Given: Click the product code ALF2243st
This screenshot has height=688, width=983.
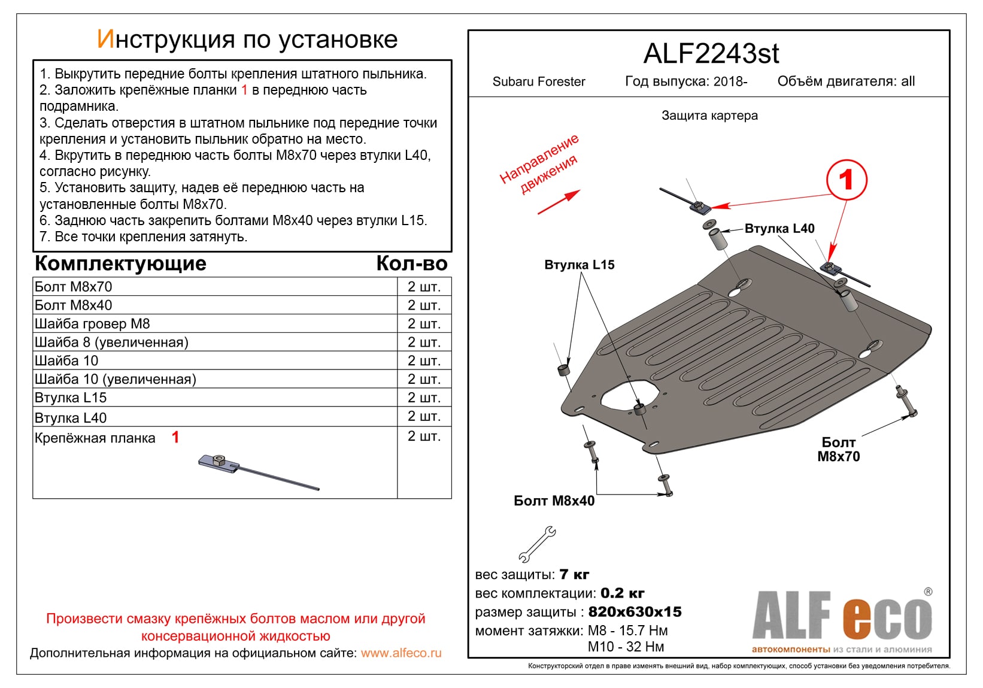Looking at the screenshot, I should point(711,54).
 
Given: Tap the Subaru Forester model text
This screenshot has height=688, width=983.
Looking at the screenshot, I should point(538,81).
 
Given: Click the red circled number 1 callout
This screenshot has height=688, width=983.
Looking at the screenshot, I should point(846,180).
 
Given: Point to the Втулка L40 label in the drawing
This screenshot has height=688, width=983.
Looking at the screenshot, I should point(779,229).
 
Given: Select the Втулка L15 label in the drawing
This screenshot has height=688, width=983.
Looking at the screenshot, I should point(579,265).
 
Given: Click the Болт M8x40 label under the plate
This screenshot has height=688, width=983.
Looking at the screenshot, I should point(554,501).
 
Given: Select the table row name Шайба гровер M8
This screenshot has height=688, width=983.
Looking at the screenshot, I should point(92,324).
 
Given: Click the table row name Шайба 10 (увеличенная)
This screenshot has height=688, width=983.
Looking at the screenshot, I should point(115,379).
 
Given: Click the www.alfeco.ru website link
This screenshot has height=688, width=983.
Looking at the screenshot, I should point(401,653).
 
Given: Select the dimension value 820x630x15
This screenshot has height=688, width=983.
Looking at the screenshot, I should point(635,612).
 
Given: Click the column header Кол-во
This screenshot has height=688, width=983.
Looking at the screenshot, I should point(411,263).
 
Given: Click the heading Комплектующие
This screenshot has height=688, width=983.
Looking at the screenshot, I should point(120,263).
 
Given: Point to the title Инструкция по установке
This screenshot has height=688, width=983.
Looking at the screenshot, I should point(247,40).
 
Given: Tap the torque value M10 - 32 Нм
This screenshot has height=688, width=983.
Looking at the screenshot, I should point(626,647).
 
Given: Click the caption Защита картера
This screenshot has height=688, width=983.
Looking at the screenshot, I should point(709,116).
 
